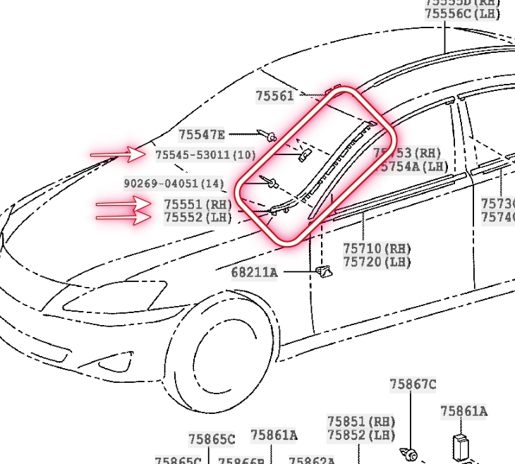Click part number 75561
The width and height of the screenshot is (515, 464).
[274, 96]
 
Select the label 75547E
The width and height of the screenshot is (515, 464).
[201, 135]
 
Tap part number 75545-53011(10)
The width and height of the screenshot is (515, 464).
[205, 154]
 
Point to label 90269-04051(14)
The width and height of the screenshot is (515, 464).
[174, 183]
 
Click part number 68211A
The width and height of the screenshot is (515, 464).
[255, 271]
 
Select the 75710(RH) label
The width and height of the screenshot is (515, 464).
[377, 249]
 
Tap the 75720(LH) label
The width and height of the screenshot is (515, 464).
[377, 262]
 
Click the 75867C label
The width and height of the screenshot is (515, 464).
[413, 384]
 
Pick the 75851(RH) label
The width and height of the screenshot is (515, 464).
[360, 421]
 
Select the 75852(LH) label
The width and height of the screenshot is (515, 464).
[360, 434]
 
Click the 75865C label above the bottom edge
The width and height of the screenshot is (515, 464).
[212, 439]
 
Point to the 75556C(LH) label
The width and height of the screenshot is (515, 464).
[462, 13]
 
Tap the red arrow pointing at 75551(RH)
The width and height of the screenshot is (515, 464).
[123, 205]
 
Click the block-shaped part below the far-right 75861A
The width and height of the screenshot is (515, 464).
[462, 446]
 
